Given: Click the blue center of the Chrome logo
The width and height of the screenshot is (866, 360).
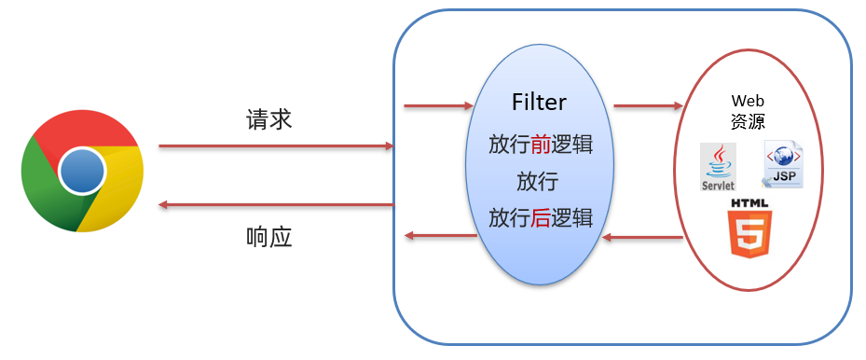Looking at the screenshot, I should pos(82,172).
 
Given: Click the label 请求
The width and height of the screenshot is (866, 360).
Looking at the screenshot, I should pos(269,119).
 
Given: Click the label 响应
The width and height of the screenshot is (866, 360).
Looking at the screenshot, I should pos(269,236).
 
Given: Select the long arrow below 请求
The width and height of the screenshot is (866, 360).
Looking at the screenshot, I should pos(276,146).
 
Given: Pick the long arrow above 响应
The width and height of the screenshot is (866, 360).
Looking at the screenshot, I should pos(276,204).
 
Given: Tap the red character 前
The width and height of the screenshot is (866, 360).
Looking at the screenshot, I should pos(543,145).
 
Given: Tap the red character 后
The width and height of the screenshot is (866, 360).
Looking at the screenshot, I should pos(543,217).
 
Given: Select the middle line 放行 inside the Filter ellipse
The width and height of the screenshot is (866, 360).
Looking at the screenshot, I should pos(539,181).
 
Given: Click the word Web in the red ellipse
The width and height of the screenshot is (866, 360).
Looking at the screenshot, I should pos(747,100).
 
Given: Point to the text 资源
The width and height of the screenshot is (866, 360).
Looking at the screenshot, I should pos(747,119).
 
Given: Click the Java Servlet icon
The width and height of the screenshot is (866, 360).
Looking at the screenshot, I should pos(718,167).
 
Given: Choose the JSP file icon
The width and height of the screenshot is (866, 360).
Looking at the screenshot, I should pos(782,164).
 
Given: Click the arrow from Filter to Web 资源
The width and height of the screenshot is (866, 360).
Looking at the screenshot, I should pos(648,106).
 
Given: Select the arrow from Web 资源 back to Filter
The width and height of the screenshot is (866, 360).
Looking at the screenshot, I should pos(643,238).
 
